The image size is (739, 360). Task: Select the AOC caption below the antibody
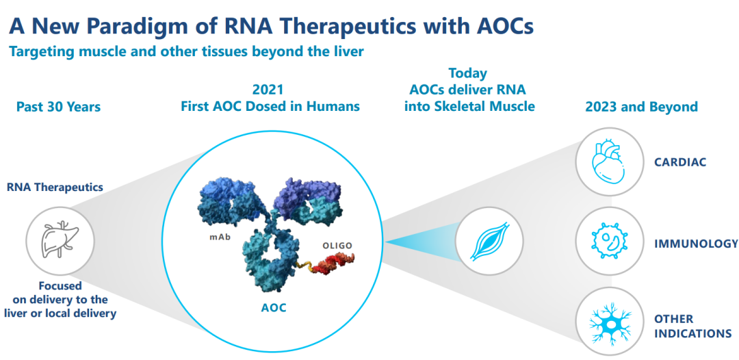click(273, 308)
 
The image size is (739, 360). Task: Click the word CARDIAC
click(679, 162)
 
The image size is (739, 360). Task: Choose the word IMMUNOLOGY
click(696, 243)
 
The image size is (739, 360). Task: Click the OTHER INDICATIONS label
click(692, 326)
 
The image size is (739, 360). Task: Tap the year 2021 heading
click(268, 90)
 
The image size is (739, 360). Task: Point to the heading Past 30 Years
click(58, 107)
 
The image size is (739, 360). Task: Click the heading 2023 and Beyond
click(641, 107)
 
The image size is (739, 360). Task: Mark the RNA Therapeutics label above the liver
click(55, 186)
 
